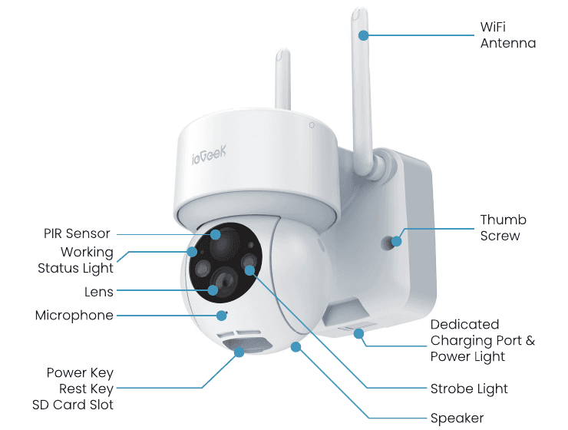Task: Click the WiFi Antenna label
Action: (x=508, y=35)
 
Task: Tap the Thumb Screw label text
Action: (x=504, y=228)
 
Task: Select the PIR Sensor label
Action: (x=77, y=233)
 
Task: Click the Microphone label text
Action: (x=74, y=316)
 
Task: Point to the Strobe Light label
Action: (x=469, y=389)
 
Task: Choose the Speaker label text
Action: (x=457, y=418)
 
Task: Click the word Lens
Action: (x=99, y=292)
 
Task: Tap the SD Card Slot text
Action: (x=73, y=405)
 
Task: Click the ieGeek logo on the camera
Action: (x=209, y=154)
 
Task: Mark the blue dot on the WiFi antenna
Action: (x=363, y=35)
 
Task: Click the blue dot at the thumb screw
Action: (x=397, y=241)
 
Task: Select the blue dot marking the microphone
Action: (x=221, y=316)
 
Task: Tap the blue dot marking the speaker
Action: (x=296, y=347)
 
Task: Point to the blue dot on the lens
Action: (x=213, y=289)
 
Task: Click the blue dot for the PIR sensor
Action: (x=216, y=234)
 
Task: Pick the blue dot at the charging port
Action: (x=358, y=334)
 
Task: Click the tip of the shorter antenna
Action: (x=283, y=50)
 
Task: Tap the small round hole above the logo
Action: (x=312, y=125)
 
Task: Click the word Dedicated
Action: (x=464, y=324)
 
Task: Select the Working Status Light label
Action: (x=75, y=260)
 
